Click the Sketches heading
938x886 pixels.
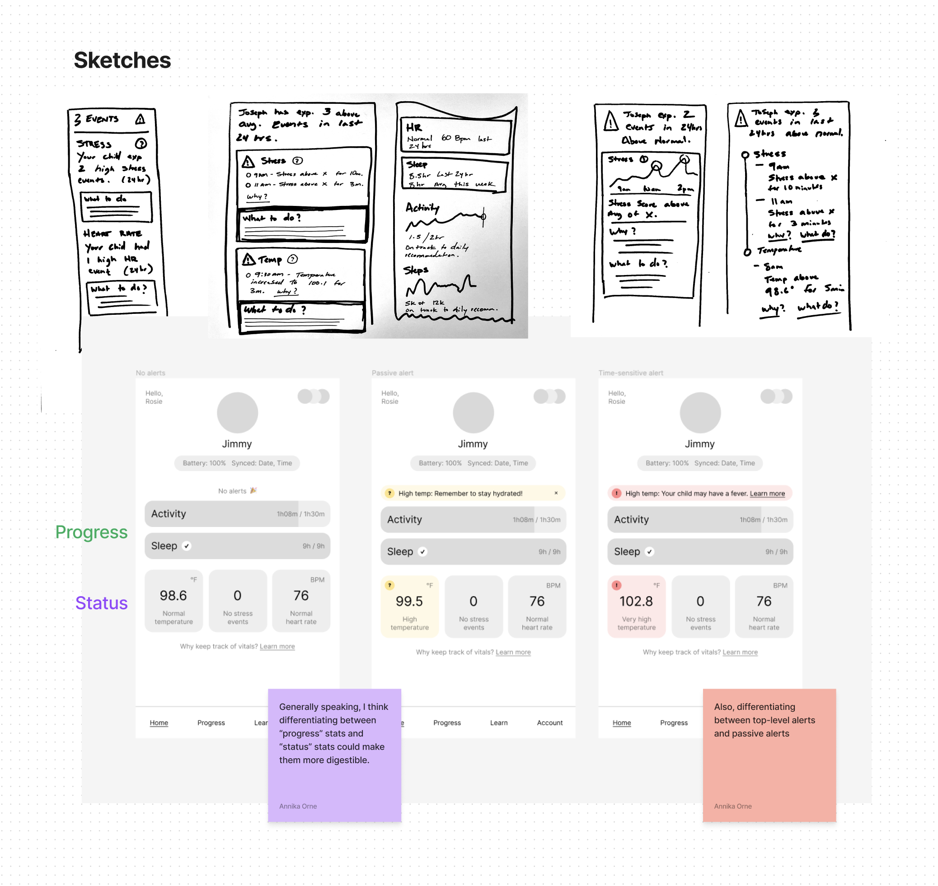[122, 61]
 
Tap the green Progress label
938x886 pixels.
[91, 532]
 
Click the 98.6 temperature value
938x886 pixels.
[173, 595]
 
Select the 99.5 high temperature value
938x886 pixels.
[409, 601]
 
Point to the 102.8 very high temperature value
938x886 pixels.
[636, 601]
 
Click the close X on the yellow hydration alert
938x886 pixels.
[556, 493]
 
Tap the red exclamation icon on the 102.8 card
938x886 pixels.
[616, 585]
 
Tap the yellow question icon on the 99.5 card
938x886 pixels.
[389, 585]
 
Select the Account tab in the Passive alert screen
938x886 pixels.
[549, 722]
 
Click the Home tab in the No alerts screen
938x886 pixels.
[159, 722]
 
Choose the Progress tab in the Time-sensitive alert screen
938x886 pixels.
[673, 722]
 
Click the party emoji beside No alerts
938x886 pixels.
[253, 490]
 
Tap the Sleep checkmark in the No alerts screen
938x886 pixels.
[187, 546]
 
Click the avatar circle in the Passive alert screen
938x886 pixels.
[473, 412]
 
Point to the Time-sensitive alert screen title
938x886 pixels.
[630, 373]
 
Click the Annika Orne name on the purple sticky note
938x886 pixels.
[298, 806]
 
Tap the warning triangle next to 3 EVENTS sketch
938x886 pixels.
[140, 119]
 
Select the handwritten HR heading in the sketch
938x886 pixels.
[413, 127]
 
